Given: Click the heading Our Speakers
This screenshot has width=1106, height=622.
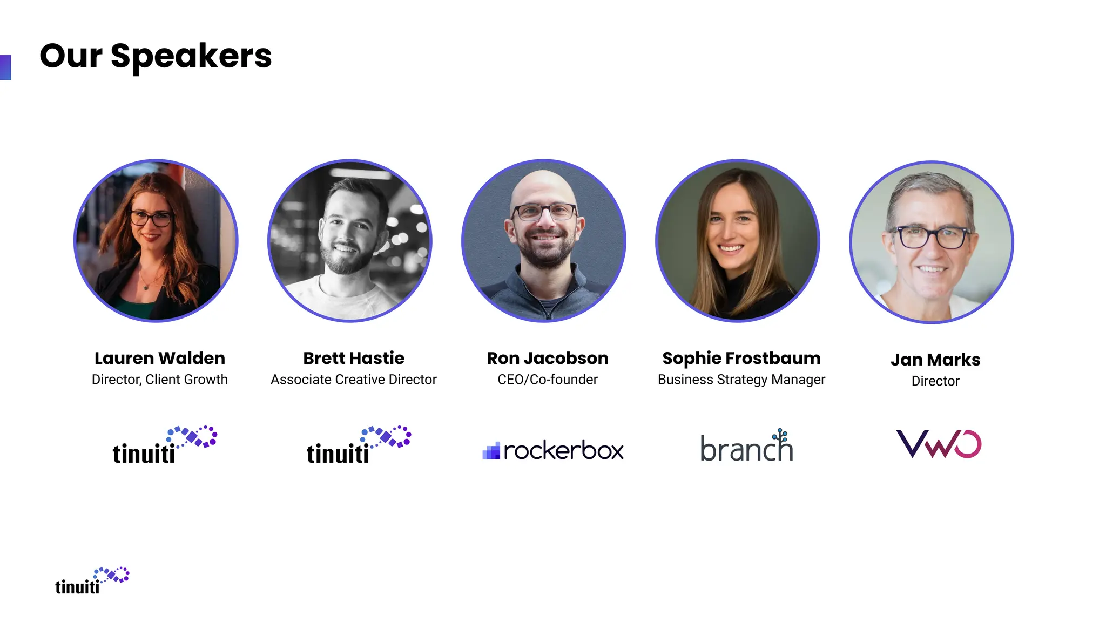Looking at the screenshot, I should (156, 56).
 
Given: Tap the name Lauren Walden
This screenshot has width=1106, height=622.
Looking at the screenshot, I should (159, 359).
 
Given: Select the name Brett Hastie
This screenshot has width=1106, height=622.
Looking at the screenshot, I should (354, 359).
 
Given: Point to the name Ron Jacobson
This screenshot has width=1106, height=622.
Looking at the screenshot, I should (548, 359).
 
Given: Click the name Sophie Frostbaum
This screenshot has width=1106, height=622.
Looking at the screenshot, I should (741, 359).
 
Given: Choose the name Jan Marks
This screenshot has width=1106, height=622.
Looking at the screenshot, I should (935, 360).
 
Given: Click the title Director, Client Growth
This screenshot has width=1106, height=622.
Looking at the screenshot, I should (159, 380).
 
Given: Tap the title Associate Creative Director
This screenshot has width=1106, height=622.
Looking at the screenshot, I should (354, 380).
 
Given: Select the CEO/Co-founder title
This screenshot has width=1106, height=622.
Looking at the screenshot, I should (548, 380).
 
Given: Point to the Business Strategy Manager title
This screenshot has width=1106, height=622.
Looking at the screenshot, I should (741, 380).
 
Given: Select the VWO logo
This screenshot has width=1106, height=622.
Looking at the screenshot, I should (939, 444).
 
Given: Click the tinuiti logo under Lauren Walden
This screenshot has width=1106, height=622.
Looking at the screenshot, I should (165, 445).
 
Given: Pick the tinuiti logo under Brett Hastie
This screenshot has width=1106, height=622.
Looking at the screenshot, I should (359, 445).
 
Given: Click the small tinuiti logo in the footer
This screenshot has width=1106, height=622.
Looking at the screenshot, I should (92, 581).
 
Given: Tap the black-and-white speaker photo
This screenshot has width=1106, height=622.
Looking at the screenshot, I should (350, 241).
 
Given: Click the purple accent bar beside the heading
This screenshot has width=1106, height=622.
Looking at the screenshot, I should (5, 67).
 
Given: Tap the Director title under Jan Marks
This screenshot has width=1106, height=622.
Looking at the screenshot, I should (935, 381).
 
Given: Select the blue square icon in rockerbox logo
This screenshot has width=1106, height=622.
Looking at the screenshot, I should (491, 451).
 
